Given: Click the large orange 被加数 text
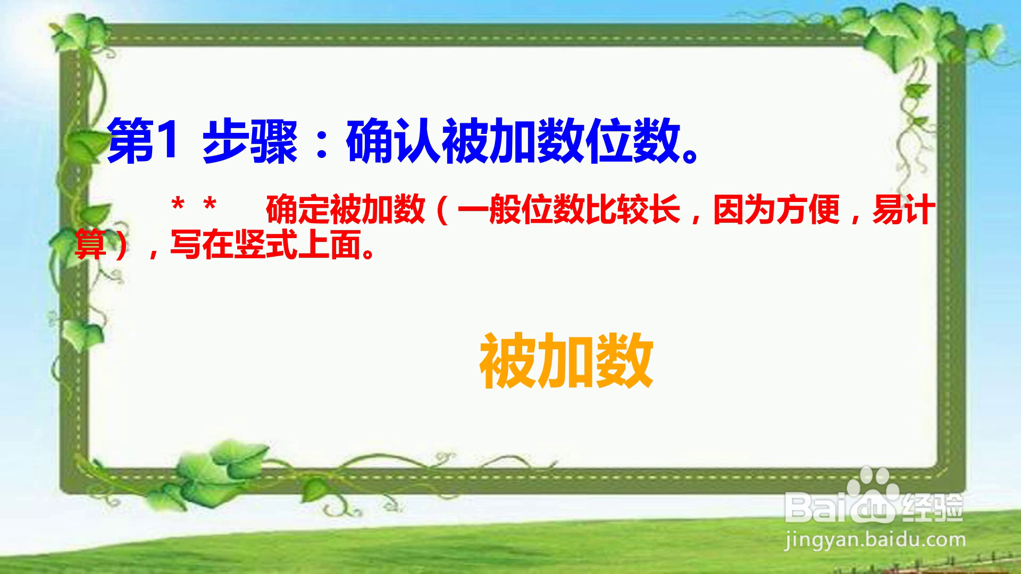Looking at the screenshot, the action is coord(566,360).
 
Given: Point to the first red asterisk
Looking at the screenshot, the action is coord(178,205).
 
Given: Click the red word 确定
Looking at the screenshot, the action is coord(297,210).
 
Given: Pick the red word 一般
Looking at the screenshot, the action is coord(489,210).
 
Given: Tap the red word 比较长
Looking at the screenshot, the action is coord(633,210).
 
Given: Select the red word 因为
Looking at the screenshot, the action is coord(744,210).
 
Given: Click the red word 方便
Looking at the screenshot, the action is coord(808,210).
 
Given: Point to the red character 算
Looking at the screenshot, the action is coord(90,244).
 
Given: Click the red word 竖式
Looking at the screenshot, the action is coord(265,244).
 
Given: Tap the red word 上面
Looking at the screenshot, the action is coord(330,244).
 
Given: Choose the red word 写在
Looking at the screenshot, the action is coord(202,244).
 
